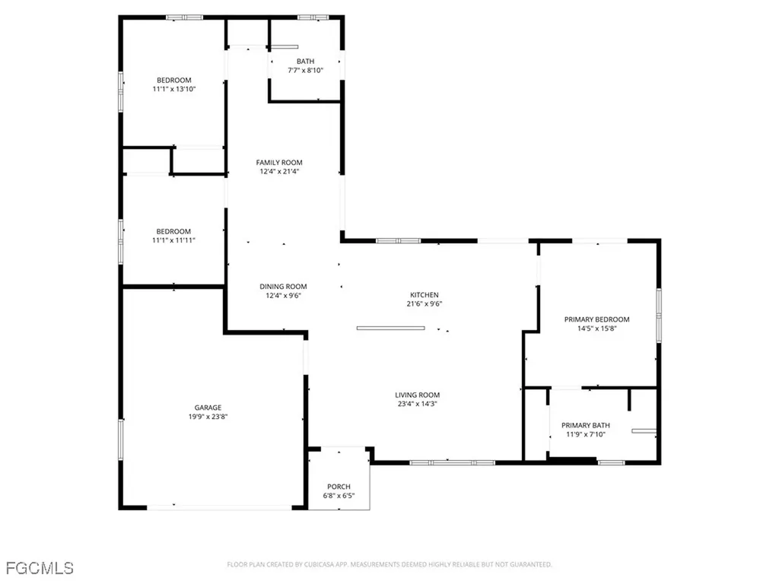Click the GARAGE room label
[x=207, y=408]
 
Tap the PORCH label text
[x=339, y=487]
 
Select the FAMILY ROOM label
[x=279, y=162]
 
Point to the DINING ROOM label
[x=283, y=287]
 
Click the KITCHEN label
[x=424, y=295]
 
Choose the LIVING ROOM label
[x=417, y=395]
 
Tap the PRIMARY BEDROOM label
[x=596, y=319]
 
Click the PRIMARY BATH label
[x=585, y=425]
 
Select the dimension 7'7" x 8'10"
[x=305, y=71]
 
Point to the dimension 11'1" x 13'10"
[x=174, y=89]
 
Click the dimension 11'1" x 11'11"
[x=174, y=240]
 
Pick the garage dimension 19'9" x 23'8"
[x=207, y=417]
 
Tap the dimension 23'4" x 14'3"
[x=417, y=404]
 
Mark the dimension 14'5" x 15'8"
[x=596, y=328]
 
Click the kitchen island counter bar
[x=391, y=328]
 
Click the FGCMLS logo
[x=40, y=567]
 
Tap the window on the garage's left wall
[x=120, y=440]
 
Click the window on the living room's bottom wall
[x=452, y=462]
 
